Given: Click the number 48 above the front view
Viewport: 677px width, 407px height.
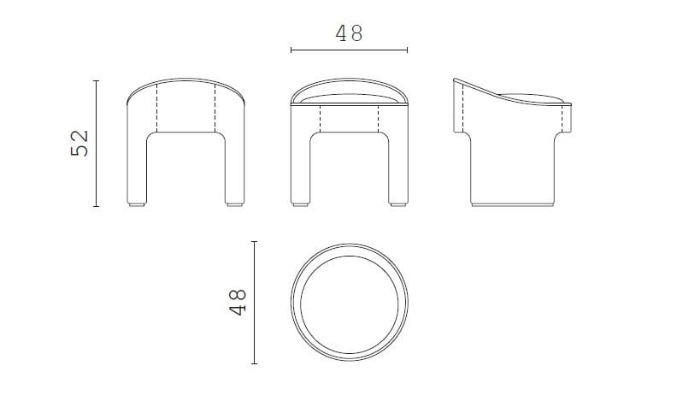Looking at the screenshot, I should (349, 32).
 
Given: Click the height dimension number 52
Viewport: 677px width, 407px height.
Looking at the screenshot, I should (79, 144).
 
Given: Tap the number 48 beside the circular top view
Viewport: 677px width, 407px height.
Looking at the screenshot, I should (238, 302).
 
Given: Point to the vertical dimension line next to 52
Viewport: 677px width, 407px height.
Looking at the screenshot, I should (96, 144).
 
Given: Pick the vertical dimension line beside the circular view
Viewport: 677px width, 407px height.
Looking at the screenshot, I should (255, 302).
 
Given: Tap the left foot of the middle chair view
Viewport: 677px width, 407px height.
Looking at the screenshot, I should (301, 205).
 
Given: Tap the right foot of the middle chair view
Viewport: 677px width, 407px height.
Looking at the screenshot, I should (396, 205).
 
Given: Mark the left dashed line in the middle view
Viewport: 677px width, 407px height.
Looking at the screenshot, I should (320, 119).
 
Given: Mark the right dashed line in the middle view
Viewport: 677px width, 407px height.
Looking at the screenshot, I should (378, 119).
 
